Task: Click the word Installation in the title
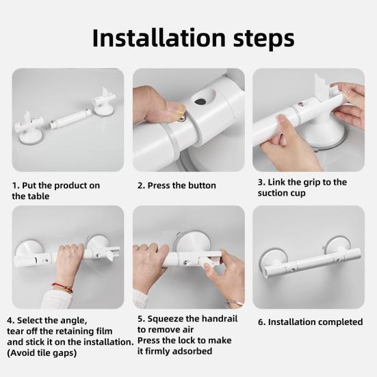159,38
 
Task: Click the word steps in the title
263,39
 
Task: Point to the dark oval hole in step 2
201,101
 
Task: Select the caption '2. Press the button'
177,185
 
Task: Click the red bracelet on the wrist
62,287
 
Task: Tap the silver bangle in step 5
233,303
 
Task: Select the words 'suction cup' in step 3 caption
281,193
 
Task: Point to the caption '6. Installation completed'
310,322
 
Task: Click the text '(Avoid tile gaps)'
42,353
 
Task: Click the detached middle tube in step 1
70,118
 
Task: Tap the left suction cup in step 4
29,249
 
